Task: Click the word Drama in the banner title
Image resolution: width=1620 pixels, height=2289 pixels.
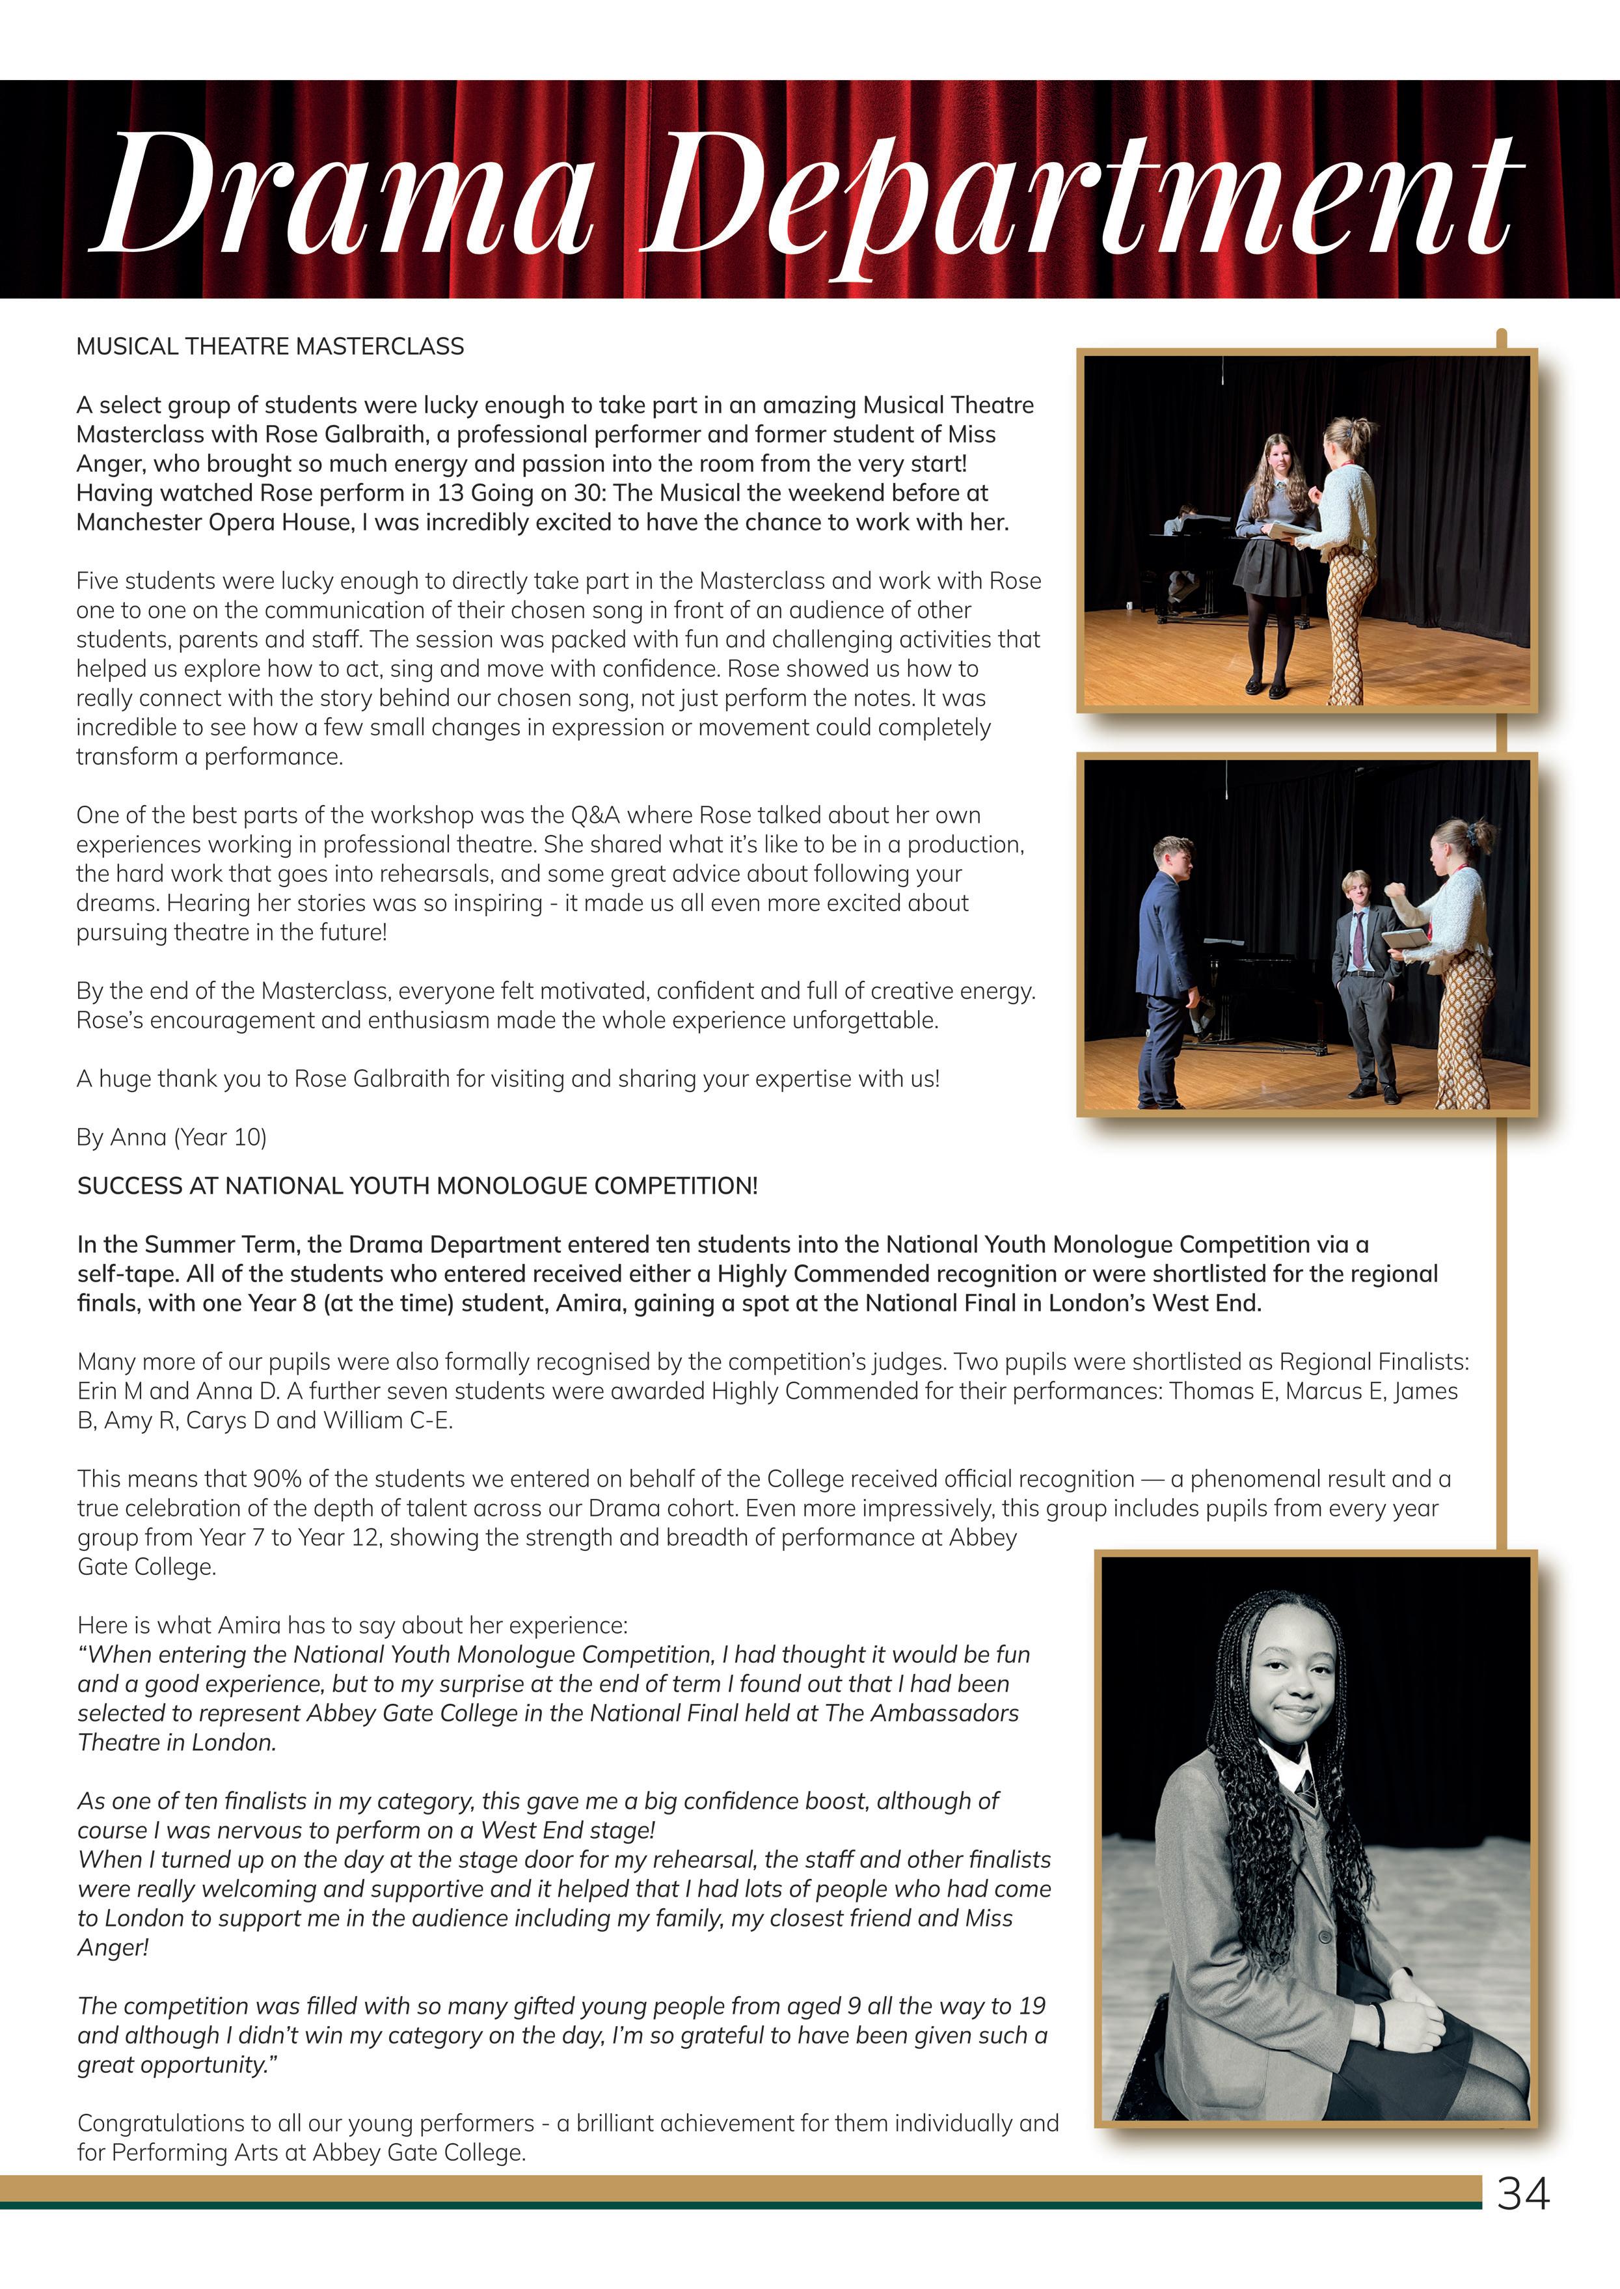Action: [x=344, y=195]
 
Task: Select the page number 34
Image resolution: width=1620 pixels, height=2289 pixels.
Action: [x=1522, y=2193]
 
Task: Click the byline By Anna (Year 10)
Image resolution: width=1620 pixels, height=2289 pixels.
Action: [x=172, y=1136]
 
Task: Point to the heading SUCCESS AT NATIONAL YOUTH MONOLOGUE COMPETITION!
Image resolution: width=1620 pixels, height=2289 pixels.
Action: [x=417, y=1185]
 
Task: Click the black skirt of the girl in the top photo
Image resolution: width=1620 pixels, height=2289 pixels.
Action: [x=1272, y=567]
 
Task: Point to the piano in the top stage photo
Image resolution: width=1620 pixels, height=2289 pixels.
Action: [x=1192, y=559]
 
